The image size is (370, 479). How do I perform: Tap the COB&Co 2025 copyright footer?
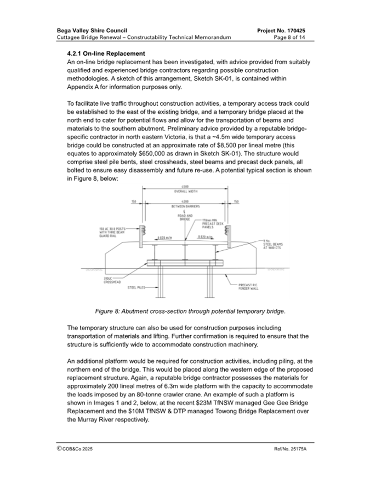(x=79, y=449)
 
